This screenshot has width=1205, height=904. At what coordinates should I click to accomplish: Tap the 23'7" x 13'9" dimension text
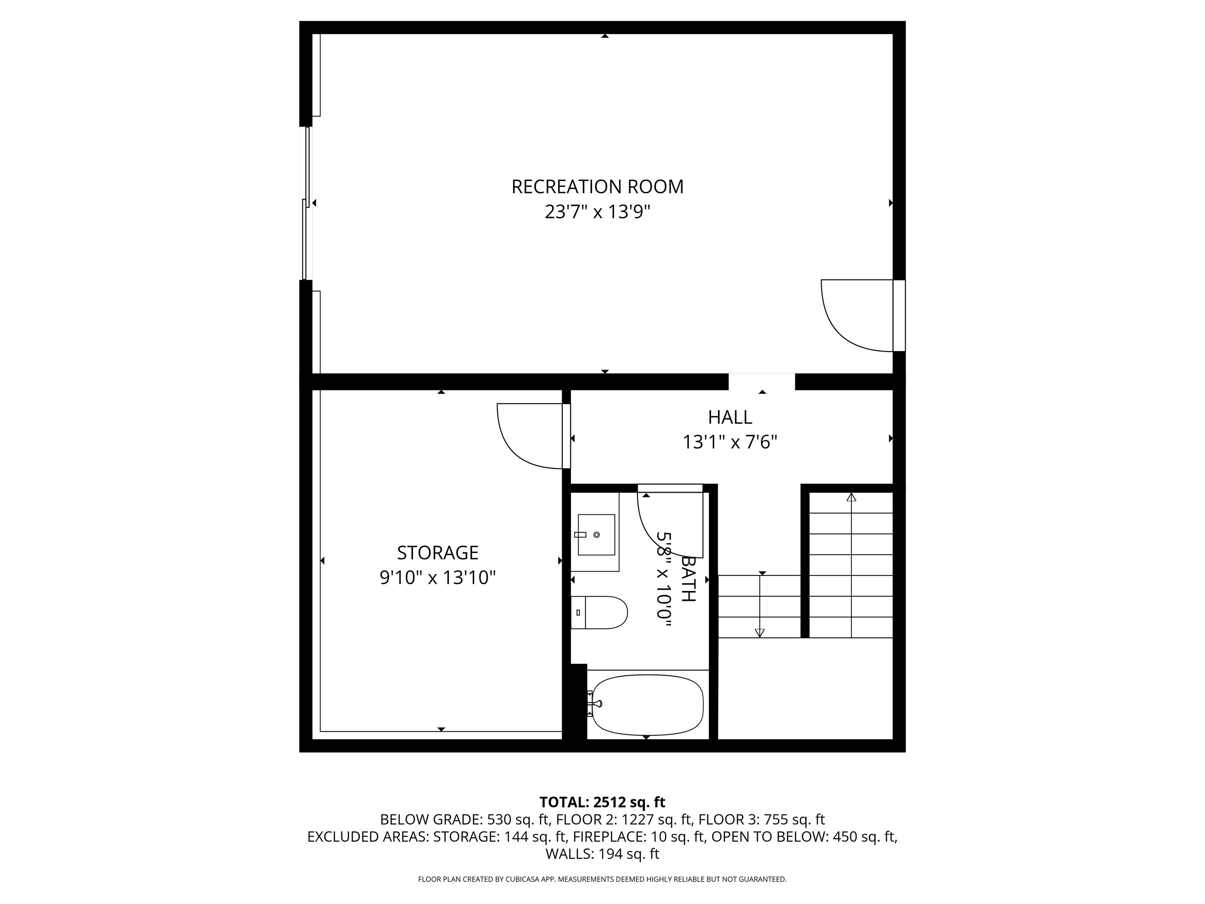pyautogui.click(x=598, y=211)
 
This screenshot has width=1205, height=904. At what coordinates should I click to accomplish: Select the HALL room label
pyautogui.click(x=730, y=417)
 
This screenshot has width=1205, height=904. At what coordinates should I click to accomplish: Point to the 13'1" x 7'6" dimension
pyautogui.click(x=730, y=442)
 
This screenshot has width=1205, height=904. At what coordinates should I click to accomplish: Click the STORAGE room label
pyautogui.click(x=437, y=553)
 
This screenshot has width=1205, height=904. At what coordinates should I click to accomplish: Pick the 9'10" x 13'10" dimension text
pyautogui.click(x=437, y=578)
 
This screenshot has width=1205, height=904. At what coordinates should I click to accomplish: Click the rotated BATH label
pyautogui.click(x=688, y=579)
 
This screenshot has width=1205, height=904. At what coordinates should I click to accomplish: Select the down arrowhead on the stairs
pyautogui.click(x=759, y=632)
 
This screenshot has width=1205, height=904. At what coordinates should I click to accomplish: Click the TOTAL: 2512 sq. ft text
pyautogui.click(x=602, y=802)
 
